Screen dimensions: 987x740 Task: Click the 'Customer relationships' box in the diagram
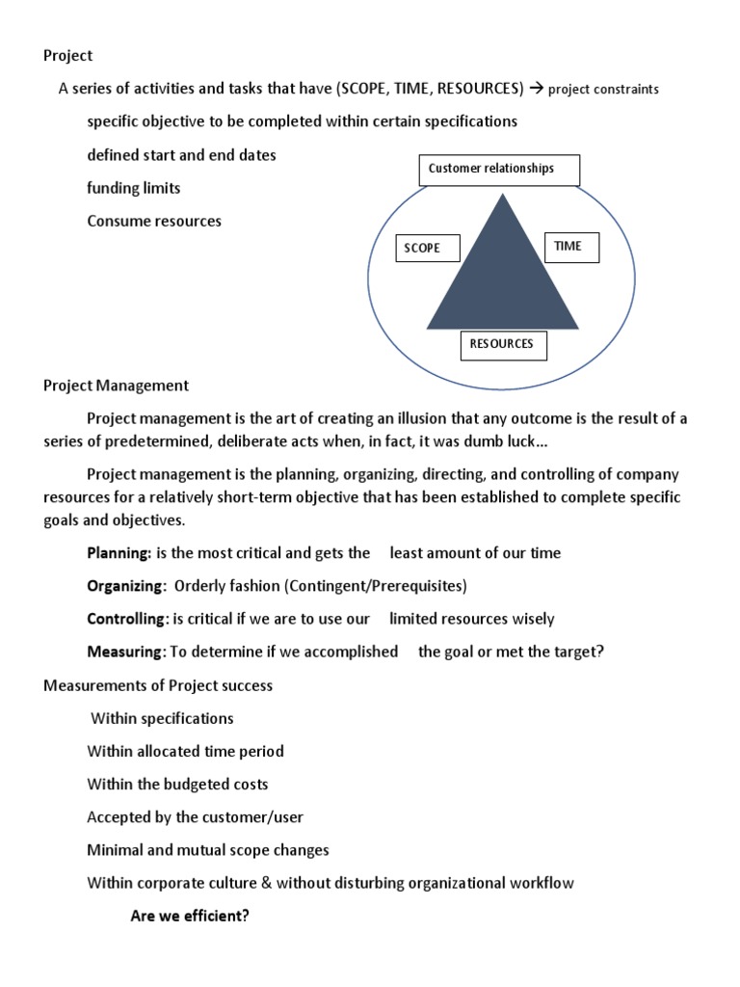[499, 170]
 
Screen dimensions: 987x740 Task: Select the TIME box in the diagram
[571, 247]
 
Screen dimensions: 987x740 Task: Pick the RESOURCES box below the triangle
[501, 344]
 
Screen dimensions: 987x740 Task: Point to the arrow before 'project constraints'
[536, 89]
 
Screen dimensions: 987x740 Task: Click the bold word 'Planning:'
[119, 553]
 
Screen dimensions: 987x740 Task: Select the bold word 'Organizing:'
[126, 586]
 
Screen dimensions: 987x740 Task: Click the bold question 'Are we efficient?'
[190, 916]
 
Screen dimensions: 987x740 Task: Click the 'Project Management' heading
[116, 386]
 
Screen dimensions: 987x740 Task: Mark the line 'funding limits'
[134, 188]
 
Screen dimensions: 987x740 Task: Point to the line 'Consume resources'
[154, 221]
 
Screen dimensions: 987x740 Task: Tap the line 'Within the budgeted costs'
[177, 785]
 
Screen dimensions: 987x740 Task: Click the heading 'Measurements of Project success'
[158, 685]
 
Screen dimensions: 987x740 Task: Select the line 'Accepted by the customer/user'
[195, 817]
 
